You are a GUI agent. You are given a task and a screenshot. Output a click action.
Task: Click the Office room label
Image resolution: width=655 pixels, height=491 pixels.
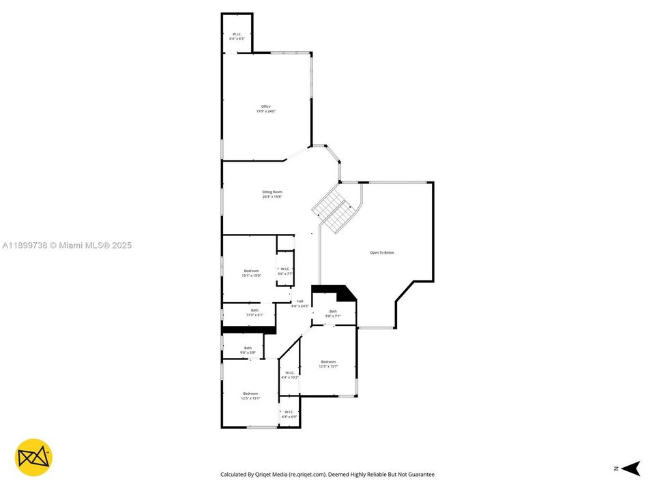tap(266, 108)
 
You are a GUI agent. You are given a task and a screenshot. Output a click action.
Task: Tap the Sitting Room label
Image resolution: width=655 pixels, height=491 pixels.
tap(272, 194)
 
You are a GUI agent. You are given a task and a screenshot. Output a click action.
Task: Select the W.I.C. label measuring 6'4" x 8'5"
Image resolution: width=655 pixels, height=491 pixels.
tap(237, 36)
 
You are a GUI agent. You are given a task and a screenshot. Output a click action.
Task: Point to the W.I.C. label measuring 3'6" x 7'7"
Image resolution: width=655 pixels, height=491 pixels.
tap(285, 271)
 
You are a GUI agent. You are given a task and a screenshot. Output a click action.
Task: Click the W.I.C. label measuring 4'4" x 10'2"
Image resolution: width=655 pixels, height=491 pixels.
tap(289, 374)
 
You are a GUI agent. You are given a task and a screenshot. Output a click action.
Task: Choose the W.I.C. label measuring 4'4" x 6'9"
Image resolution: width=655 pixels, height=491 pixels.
tap(289, 414)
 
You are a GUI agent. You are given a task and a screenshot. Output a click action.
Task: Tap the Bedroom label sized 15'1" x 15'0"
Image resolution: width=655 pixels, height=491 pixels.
tap(251, 273)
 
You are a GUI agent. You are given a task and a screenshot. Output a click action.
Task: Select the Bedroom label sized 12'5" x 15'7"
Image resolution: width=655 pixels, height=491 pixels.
tap(328, 363)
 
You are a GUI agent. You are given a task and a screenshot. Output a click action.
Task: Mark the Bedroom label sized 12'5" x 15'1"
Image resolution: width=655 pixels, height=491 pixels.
tap(250, 396)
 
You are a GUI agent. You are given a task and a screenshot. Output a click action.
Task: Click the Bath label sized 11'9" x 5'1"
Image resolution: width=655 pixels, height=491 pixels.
tap(254, 312)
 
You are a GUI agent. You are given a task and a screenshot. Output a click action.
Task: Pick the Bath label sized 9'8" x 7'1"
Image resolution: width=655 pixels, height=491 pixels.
tap(333, 313)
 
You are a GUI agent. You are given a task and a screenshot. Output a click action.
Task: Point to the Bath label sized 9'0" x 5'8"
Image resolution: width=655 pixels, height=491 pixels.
tap(248, 350)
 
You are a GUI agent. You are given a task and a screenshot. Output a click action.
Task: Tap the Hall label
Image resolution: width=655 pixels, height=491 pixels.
tap(300, 303)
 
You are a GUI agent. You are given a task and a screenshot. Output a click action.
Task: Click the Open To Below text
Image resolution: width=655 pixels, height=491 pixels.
tap(382, 253)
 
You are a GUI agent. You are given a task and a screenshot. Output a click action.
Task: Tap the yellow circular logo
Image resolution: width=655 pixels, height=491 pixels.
tap(34, 458)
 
